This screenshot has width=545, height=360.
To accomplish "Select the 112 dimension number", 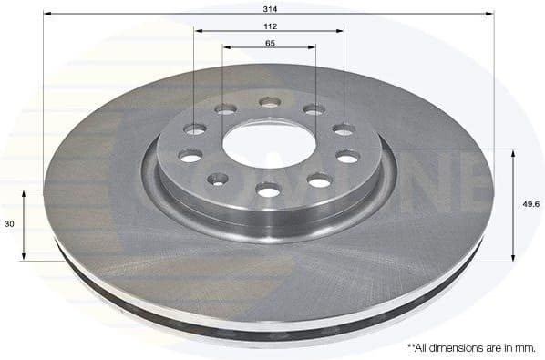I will (x=270, y=26).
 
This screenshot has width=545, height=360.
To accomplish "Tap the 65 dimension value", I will (x=270, y=43).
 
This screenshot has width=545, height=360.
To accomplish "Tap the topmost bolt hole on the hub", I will (x=268, y=102).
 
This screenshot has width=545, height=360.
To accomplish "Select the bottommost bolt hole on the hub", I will (x=268, y=190).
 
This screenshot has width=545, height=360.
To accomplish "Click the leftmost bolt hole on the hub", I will (x=190, y=156).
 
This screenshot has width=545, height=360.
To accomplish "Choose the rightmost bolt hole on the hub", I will (x=347, y=157).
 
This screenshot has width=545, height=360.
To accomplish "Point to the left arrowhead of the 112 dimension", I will (x=197, y=31).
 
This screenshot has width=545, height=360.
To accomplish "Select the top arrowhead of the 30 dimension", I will (x=26, y=193).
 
